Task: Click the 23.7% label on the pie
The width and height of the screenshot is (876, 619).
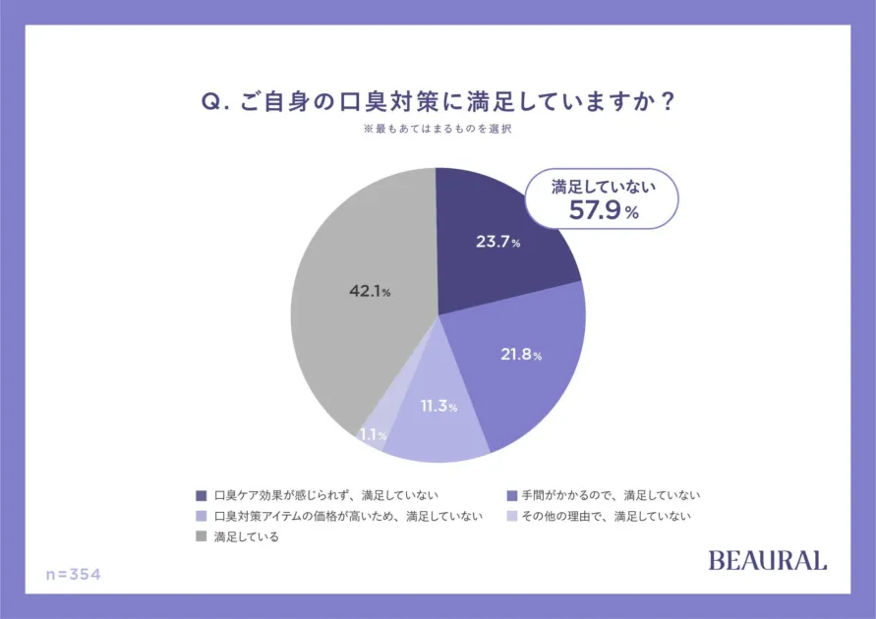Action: click(x=497, y=242)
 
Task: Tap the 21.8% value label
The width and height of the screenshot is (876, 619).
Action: click(x=520, y=355)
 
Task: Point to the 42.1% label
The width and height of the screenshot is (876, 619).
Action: click(x=371, y=291)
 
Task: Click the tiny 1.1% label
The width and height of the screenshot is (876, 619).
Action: click(x=373, y=434)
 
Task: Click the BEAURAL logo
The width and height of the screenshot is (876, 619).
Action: click(x=768, y=561)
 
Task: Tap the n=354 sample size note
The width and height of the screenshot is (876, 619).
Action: click(x=74, y=574)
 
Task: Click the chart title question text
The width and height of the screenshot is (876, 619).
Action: click(x=438, y=103)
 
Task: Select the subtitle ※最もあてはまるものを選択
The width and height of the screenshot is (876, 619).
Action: click(x=438, y=130)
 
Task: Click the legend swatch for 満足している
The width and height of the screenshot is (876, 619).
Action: click(x=202, y=536)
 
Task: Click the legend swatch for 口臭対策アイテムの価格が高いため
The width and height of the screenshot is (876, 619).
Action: click(x=202, y=516)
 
